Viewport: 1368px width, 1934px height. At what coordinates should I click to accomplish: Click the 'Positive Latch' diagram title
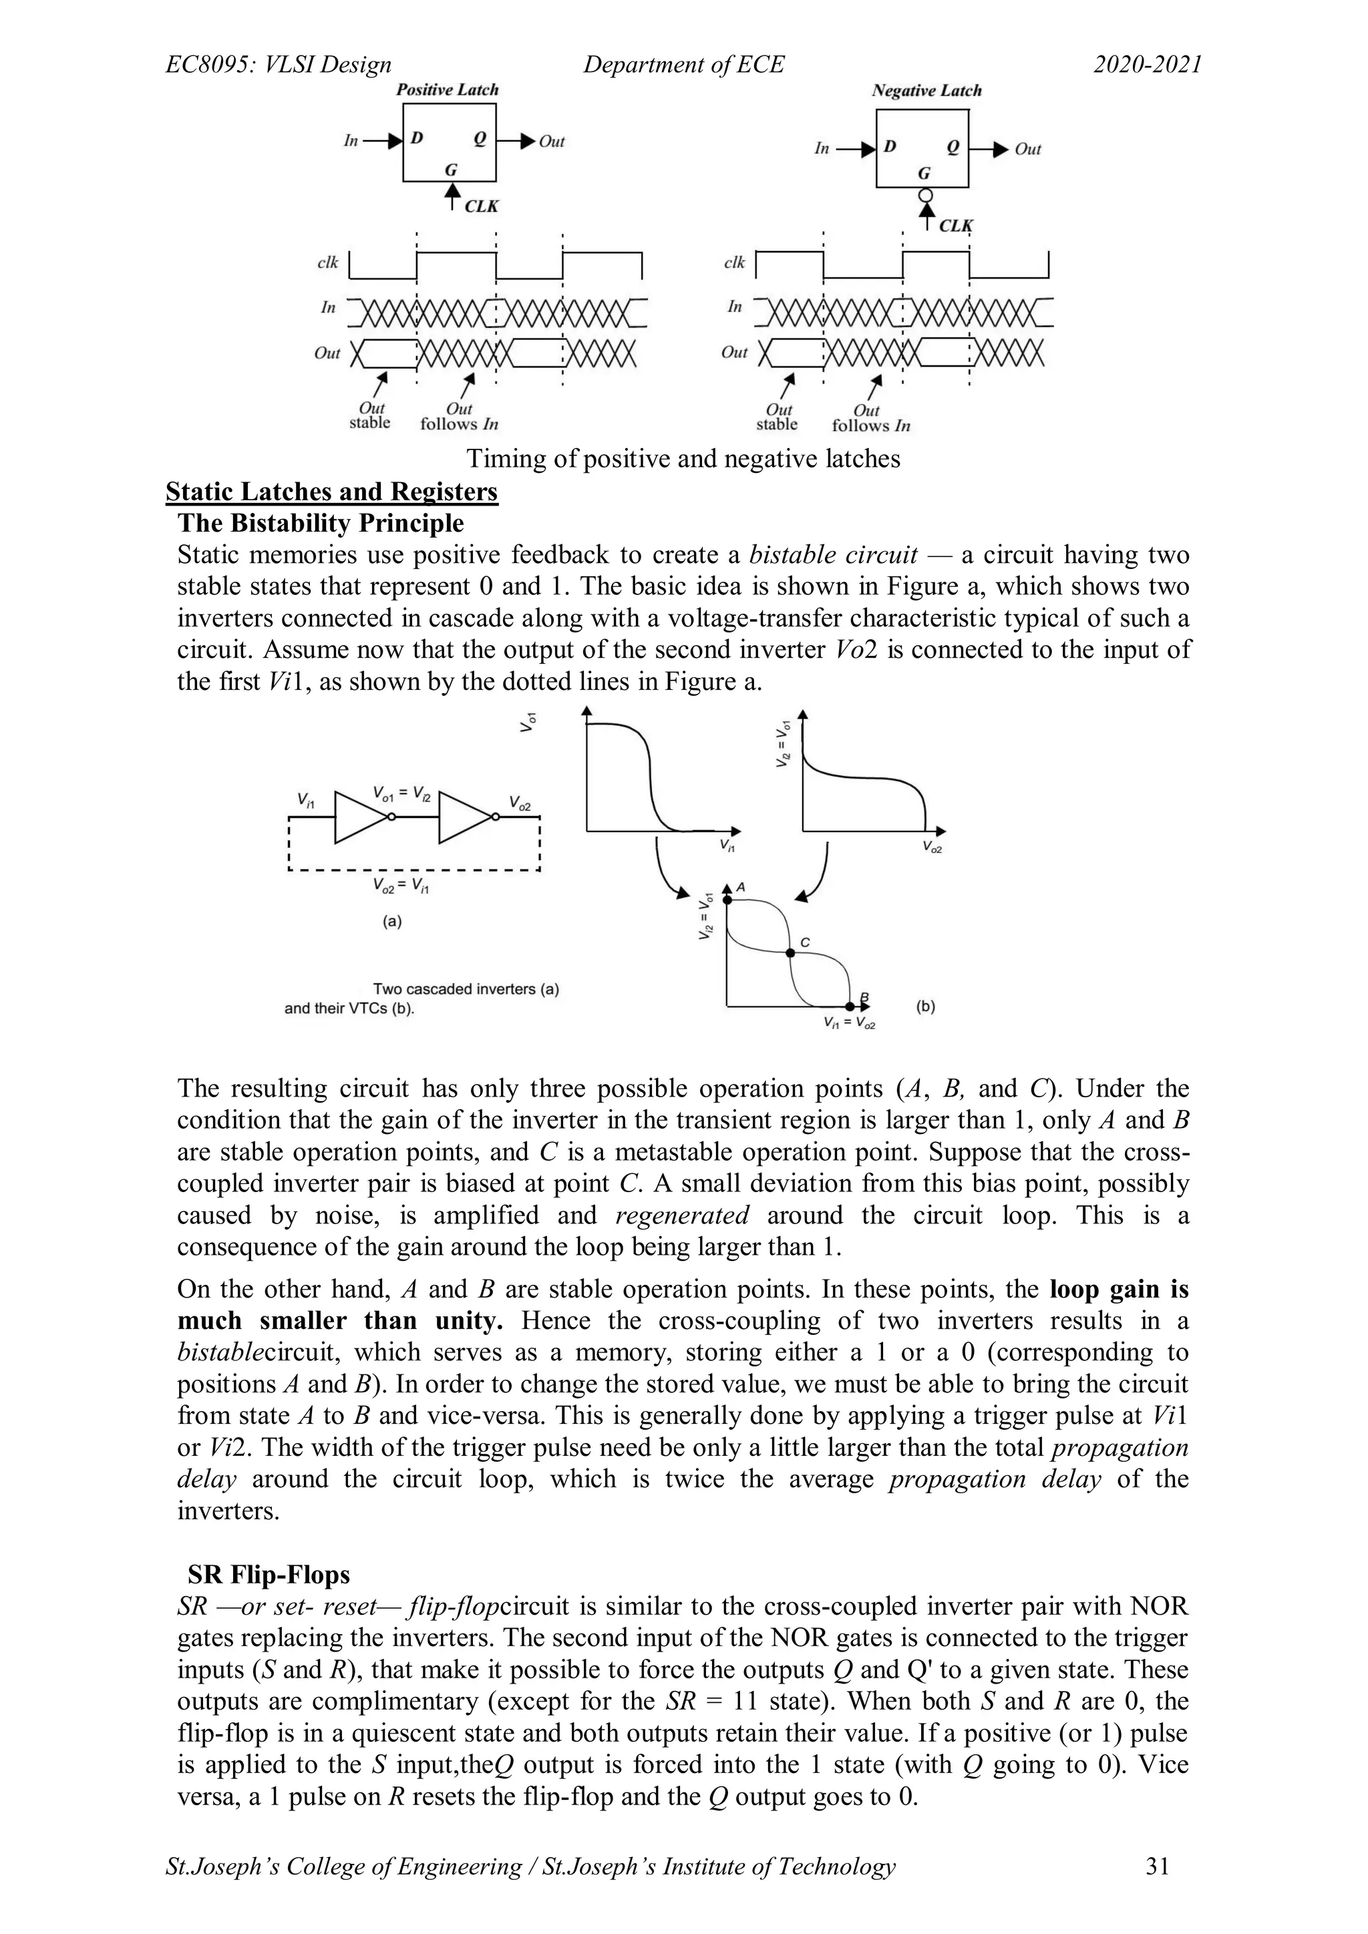point(448,89)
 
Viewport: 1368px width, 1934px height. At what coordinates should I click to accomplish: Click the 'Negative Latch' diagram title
point(926,90)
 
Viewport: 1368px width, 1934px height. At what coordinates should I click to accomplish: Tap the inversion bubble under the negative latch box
point(926,196)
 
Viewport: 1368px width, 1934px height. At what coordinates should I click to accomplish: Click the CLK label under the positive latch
point(481,206)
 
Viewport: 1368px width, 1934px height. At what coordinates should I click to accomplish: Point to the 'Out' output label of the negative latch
point(1028,149)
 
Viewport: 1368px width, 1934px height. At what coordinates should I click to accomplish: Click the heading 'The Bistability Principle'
point(321,523)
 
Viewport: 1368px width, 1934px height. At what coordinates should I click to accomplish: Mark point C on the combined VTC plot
point(790,953)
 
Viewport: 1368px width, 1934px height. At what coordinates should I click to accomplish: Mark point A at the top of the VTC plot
point(727,900)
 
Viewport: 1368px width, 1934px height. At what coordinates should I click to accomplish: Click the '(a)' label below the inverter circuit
point(391,922)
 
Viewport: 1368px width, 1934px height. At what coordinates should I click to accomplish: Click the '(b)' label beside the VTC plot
point(925,1006)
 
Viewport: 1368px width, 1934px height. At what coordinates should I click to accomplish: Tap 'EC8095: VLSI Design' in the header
point(279,65)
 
